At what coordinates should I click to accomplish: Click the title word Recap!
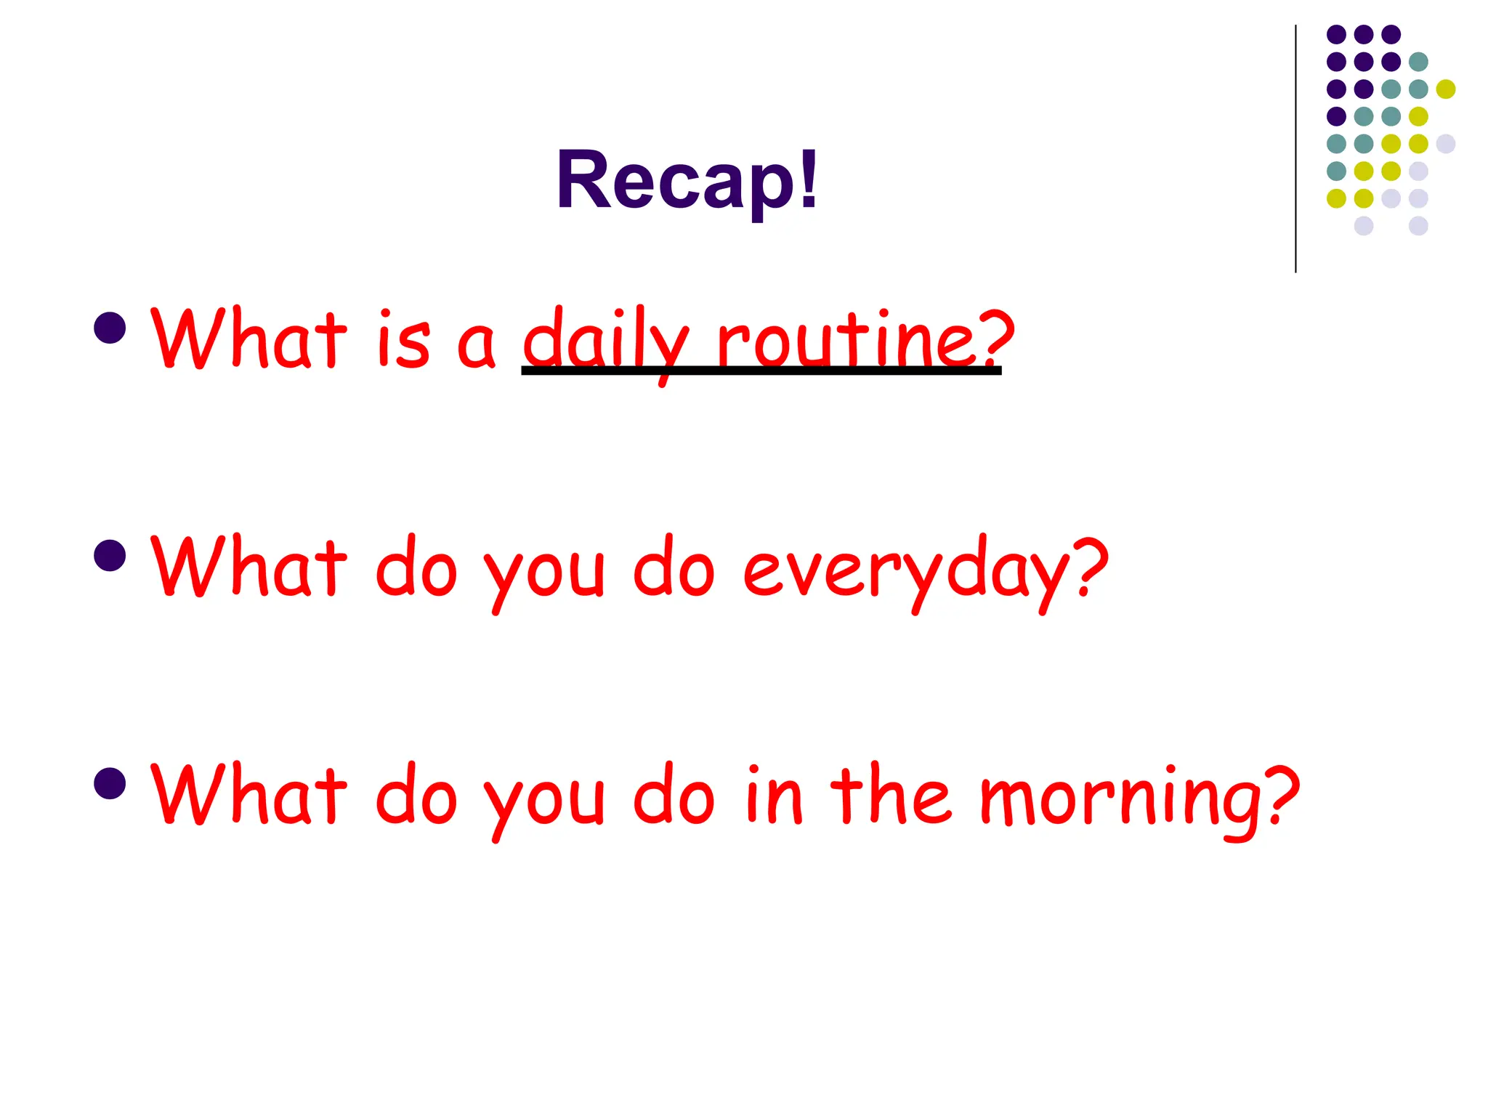[687, 179]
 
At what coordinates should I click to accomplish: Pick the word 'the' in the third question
[889, 795]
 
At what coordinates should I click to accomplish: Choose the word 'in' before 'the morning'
[773, 795]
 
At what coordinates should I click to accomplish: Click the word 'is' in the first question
[404, 340]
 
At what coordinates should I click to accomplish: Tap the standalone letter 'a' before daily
[476, 344]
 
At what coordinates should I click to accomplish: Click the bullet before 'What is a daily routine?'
[110, 328]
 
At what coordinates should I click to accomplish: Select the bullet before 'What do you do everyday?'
[110, 556]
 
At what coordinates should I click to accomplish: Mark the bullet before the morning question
[110, 784]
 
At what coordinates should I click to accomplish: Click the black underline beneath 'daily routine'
[761, 371]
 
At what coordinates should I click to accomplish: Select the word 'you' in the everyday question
[543, 574]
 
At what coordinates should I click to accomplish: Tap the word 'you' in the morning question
[543, 802]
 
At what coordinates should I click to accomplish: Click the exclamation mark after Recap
[809, 178]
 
